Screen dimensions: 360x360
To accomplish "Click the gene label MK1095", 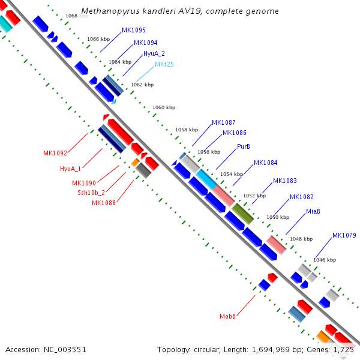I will tap(133, 30).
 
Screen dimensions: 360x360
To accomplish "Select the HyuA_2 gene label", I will tap(154, 54).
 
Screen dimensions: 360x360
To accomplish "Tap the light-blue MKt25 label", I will tap(164, 64).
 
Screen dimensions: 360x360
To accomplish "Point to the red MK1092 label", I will tap(55, 153).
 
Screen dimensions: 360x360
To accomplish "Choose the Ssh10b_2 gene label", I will tap(91, 193).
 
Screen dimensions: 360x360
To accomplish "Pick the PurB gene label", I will tap(243, 146).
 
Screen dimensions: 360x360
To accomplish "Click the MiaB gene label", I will tap(313, 211).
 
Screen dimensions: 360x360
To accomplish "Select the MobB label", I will tap(227, 316).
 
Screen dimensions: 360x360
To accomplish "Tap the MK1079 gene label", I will tap(344, 235).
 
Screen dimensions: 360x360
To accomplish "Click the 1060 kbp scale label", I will tap(163, 107).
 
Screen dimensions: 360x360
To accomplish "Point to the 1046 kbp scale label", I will tap(325, 260).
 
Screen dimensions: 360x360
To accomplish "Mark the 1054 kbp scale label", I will tap(232, 174).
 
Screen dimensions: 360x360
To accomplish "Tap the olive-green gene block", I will tap(243, 214).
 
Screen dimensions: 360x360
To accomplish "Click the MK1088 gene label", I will tap(103, 203).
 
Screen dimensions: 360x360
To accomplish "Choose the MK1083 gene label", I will tap(284, 181).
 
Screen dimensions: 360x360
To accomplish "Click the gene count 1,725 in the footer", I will tap(344, 349).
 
